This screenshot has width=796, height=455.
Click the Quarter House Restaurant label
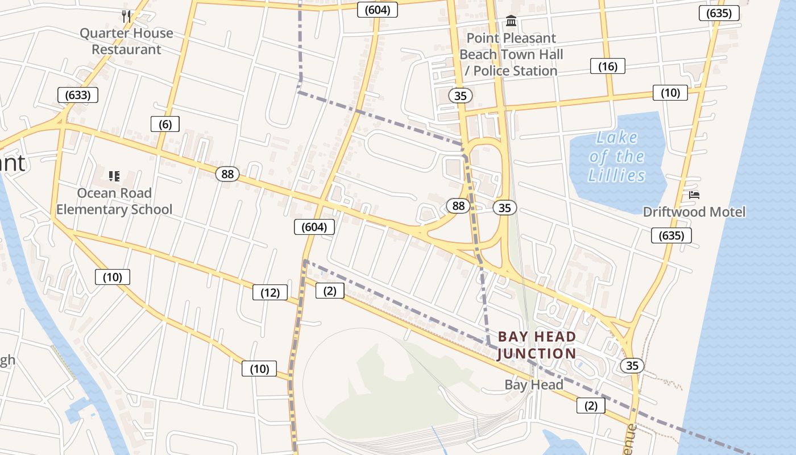(126, 41)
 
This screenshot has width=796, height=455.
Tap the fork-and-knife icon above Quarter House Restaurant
(126, 16)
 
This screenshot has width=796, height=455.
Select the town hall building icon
(511, 22)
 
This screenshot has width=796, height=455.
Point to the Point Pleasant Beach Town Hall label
(511, 55)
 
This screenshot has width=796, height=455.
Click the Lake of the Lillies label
(617, 156)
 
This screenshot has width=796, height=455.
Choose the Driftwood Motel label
(694, 212)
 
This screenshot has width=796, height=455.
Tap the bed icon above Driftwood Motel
(694, 195)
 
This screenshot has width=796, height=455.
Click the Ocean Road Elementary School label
(114, 201)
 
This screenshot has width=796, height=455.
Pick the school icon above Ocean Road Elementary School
(114, 176)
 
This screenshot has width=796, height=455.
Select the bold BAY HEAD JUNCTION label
(537, 345)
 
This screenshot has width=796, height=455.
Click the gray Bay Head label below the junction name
(534, 385)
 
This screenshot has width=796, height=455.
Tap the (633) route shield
(78, 95)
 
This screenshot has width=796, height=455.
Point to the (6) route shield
(165, 124)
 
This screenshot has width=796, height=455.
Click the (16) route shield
(608, 67)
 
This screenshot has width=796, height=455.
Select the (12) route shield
(270, 293)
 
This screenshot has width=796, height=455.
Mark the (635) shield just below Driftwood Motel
(671, 235)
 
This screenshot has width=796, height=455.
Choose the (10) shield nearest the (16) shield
(670, 93)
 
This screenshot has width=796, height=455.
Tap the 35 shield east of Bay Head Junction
(632, 366)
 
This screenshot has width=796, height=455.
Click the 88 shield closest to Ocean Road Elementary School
(227, 174)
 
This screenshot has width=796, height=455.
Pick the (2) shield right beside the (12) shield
(330, 291)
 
